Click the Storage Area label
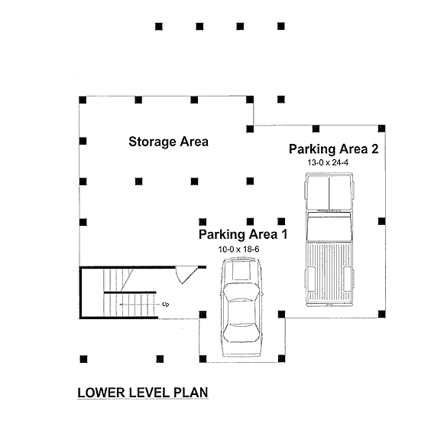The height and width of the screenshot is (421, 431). [x=168, y=142]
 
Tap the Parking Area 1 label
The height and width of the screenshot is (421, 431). [x=243, y=234]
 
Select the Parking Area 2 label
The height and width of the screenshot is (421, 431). [x=334, y=149]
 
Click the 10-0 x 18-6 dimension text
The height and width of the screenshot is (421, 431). [x=238, y=250]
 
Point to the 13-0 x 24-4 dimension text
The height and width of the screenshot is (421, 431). [x=328, y=163]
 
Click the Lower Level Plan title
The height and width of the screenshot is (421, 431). [x=143, y=393]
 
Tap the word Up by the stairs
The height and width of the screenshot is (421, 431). [x=166, y=305]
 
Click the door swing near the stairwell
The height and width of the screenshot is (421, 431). [x=186, y=275]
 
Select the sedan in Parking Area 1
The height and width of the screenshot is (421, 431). [x=241, y=307]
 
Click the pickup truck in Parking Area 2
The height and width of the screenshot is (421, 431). [x=329, y=240]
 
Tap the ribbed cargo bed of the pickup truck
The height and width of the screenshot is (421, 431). [x=329, y=273]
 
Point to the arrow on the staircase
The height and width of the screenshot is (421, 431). [x=140, y=305]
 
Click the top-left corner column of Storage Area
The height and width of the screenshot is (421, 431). [x=83, y=100]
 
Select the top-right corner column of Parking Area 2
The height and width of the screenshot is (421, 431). [x=381, y=129]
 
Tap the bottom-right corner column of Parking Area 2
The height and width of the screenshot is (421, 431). [x=381, y=314]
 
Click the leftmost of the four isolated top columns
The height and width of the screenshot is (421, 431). [x=159, y=27]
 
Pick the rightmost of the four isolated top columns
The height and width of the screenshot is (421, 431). [x=281, y=26]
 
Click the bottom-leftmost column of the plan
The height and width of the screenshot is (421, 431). [x=83, y=359]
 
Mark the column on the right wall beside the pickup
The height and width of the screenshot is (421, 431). [x=381, y=221]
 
